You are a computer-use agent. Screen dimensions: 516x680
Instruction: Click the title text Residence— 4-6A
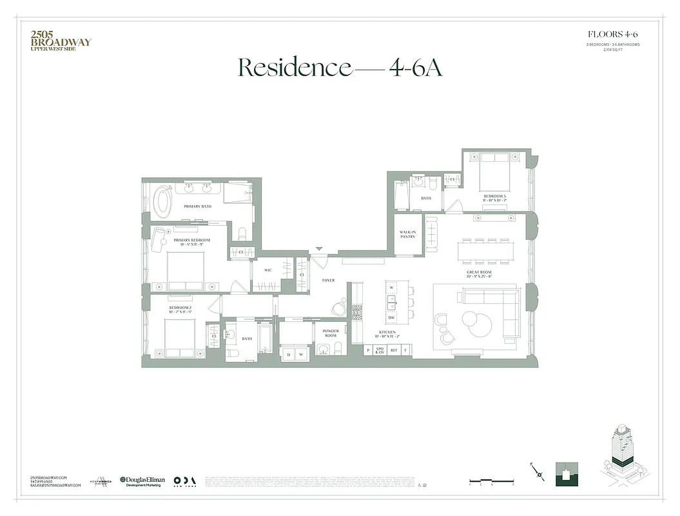340,67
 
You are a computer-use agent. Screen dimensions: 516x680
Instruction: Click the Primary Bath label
197,206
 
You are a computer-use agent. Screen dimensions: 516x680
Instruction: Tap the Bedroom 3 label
495,197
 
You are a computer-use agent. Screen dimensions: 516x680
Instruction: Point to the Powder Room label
330,333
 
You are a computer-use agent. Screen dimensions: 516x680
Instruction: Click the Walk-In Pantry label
407,234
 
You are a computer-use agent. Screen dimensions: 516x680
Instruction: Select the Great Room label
480,274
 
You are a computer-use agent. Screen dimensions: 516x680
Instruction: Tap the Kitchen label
387,334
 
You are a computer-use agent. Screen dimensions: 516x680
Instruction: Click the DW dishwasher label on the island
391,318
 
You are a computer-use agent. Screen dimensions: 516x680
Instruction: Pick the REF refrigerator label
393,350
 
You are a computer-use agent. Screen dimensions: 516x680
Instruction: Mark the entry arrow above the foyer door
318,250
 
